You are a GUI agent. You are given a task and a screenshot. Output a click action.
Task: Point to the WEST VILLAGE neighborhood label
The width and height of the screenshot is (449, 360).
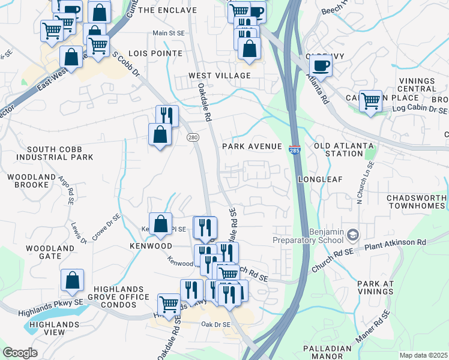(219, 76)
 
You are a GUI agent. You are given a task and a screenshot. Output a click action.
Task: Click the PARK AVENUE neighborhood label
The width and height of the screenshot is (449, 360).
(252, 146)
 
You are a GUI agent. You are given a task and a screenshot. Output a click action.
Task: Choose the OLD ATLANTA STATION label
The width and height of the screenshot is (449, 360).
(343, 149)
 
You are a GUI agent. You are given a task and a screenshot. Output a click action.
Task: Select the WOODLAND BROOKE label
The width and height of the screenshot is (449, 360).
(28, 181)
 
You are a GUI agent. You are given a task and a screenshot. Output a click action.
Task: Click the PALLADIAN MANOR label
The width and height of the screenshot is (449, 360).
(327, 352)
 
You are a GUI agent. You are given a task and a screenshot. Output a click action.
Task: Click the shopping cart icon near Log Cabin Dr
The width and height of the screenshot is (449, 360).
(370, 100)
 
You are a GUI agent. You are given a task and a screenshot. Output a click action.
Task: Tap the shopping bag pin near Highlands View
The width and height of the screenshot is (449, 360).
(72, 280)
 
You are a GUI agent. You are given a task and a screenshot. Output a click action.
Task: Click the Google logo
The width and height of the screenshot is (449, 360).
(20, 353)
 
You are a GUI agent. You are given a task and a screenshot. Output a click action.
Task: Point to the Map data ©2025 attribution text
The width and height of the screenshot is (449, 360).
(423, 355)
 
